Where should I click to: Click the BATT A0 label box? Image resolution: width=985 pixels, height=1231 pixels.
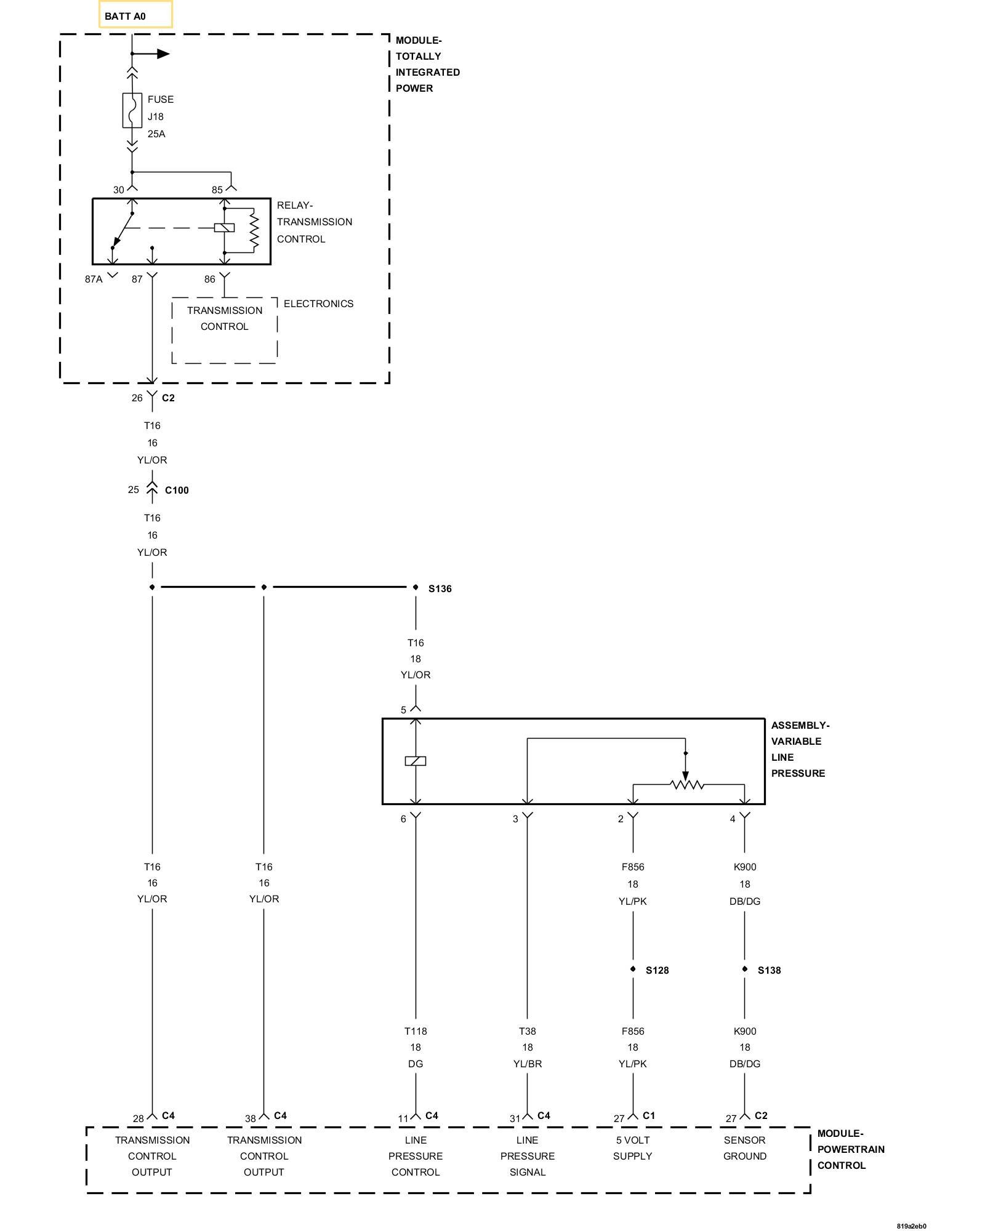pyautogui.click(x=135, y=15)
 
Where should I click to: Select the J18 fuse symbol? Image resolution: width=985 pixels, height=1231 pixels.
pyautogui.click(x=132, y=111)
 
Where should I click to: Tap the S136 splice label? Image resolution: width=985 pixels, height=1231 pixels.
pyautogui.click(x=440, y=589)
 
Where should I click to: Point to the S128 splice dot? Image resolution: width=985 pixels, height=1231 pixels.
pyautogui.click(x=633, y=969)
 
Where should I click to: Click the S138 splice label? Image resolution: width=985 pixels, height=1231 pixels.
pyautogui.click(x=769, y=971)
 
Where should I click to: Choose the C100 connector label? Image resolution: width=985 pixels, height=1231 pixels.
pyautogui.click(x=177, y=491)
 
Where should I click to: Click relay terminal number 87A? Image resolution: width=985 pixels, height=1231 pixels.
pyautogui.click(x=94, y=279)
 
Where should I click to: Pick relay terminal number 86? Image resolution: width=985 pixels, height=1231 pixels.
pyautogui.click(x=210, y=279)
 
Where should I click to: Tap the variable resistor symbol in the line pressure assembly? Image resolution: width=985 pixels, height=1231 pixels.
pyautogui.click(x=687, y=785)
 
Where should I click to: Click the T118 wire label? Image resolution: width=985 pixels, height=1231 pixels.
pyautogui.click(x=416, y=1032)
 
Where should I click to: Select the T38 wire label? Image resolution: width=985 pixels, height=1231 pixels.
pyautogui.click(x=528, y=1032)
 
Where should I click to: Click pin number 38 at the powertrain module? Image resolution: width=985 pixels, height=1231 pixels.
pyautogui.click(x=251, y=1119)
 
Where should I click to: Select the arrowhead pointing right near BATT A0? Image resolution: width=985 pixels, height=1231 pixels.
pyautogui.click(x=163, y=54)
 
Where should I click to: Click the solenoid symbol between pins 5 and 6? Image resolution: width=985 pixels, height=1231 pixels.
pyautogui.click(x=416, y=761)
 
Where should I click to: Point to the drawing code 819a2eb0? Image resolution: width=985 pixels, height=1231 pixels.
pyautogui.click(x=911, y=1226)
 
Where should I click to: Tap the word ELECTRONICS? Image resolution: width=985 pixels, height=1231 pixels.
pyautogui.click(x=319, y=304)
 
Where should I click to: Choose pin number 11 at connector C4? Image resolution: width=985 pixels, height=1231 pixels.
pyautogui.click(x=403, y=1119)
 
